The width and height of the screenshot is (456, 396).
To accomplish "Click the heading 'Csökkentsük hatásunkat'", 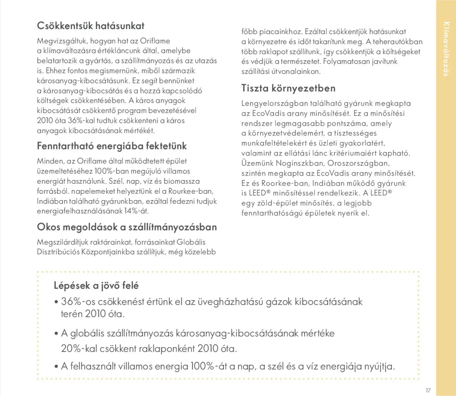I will tap(90, 26).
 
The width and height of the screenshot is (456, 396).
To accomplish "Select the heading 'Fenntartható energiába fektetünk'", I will tap(112, 146).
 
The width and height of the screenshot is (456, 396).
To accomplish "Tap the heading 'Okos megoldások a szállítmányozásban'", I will tap(127, 227).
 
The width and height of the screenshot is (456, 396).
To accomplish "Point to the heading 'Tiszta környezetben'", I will tap(288, 88).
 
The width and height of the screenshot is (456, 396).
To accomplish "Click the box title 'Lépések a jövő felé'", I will tap(96, 286).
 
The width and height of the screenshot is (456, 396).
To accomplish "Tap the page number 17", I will tap(428, 390).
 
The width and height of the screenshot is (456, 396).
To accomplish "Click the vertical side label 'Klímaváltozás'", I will tap(446, 49).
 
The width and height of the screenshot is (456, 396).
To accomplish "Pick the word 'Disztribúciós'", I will tap(58, 252).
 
